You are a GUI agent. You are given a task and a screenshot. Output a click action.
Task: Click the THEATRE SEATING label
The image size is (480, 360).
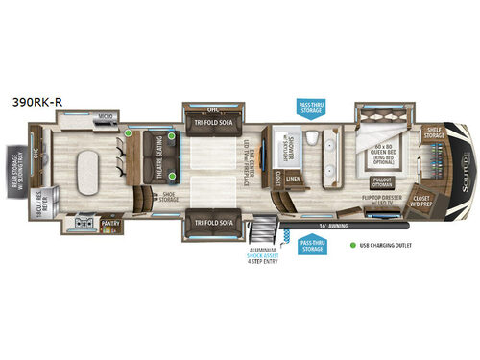pos(158,158)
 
